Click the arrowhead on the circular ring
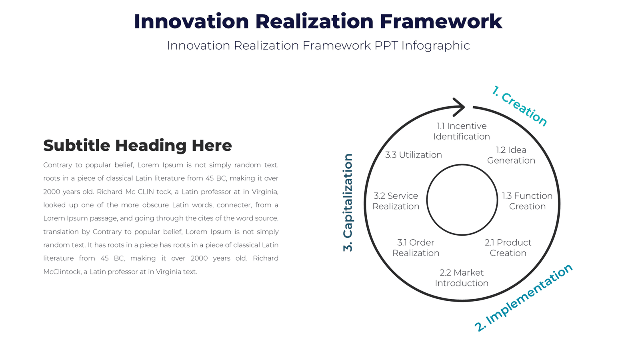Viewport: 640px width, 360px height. (x=460, y=107)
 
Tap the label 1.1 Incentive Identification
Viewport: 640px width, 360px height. (x=462, y=131)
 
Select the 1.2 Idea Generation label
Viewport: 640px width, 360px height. (x=511, y=155)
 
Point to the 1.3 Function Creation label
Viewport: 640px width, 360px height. (x=527, y=201)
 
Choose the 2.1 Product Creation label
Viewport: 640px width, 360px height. (x=508, y=248)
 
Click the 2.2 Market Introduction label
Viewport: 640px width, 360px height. (x=462, y=278)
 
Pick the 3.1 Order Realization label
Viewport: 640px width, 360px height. (x=416, y=248)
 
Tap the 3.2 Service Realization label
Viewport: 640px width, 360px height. (x=396, y=201)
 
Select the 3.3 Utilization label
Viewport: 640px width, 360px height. (x=413, y=155)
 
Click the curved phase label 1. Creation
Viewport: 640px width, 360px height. (x=519, y=106)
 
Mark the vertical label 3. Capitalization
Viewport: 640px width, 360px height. (x=348, y=202)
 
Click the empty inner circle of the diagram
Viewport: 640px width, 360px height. (x=462, y=200)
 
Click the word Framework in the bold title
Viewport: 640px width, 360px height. (x=441, y=21)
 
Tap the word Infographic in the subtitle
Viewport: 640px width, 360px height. (x=435, y=46)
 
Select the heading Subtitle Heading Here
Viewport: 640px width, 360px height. (x=137, y=146)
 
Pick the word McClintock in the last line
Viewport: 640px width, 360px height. (x=62, y=272)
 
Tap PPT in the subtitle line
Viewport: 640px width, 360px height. (x=386, y=46)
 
